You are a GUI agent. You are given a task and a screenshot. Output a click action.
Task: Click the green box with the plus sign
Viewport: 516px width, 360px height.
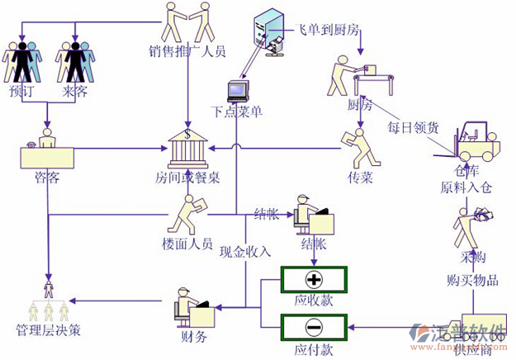[x=314, y=277]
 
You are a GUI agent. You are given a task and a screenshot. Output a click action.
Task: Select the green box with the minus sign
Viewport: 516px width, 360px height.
[x=314, y=325]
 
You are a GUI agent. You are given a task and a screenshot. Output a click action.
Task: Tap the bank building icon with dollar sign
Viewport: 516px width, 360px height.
[x=188, y=149]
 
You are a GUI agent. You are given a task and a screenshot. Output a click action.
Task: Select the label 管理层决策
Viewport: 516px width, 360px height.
[x=49, y=332]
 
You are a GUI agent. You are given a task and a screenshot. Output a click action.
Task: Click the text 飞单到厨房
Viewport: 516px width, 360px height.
[x=328, y=30]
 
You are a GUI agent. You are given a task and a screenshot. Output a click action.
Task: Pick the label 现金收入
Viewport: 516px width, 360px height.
[x=245, y=251]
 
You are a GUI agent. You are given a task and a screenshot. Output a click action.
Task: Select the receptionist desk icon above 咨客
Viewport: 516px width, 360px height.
[x=47, y=150]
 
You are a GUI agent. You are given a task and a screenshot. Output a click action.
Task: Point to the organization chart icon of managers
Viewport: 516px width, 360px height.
[x=48, y=301]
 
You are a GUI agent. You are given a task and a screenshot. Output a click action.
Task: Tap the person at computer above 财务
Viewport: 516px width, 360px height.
[x=195, y=307]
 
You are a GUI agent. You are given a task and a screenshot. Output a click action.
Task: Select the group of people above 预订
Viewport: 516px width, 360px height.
[x=21, y=59]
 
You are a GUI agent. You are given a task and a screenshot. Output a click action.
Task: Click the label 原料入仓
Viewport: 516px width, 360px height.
[x=466, y=187]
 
